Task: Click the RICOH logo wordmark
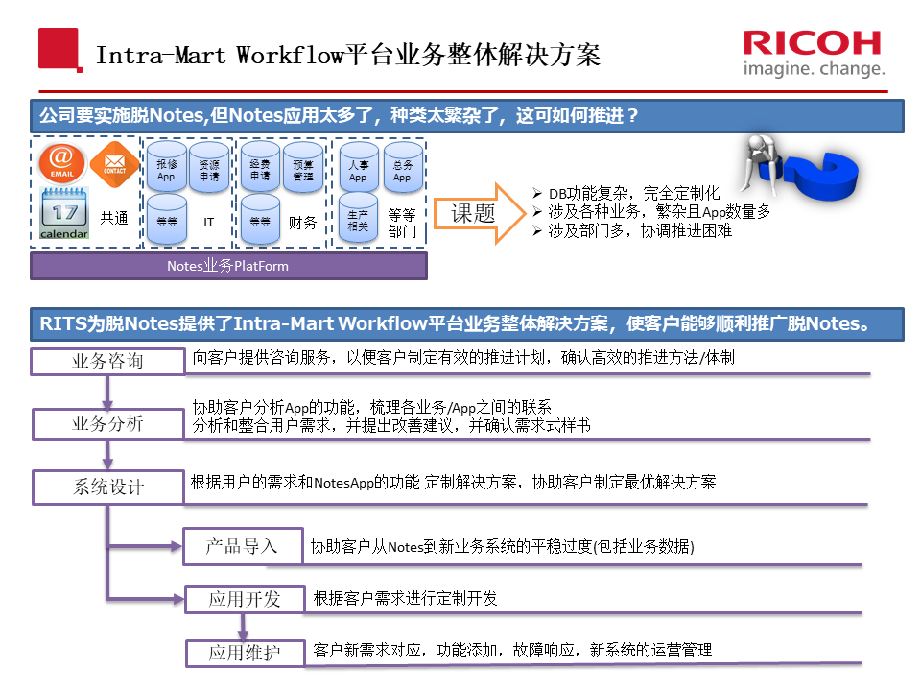(x=812, y=43)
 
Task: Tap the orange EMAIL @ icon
(x=61, y=162)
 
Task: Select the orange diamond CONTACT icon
(x=114, y=164)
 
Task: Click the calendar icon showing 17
(x=64, y=213)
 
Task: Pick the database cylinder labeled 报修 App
(x=167, y=167)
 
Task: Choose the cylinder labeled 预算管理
(x=303, y=167)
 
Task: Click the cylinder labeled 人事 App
(x=359, y=167)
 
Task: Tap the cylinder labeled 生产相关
(x=358, y=218)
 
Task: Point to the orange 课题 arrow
(x=480, y=213)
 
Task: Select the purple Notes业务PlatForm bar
(x=228, y=266)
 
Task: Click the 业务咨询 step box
(x=108, y=361)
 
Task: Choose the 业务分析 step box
(x=108, y=423)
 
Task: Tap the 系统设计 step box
(x=108, y=488)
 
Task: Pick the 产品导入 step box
(x=243, y=546)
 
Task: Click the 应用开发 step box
(x=245, y=599)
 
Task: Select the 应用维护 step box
(x=245, y=653)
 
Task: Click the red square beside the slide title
(x=59, y=49)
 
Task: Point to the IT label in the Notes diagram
(x=208, y=222)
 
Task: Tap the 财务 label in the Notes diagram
(x=302, y=222)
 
